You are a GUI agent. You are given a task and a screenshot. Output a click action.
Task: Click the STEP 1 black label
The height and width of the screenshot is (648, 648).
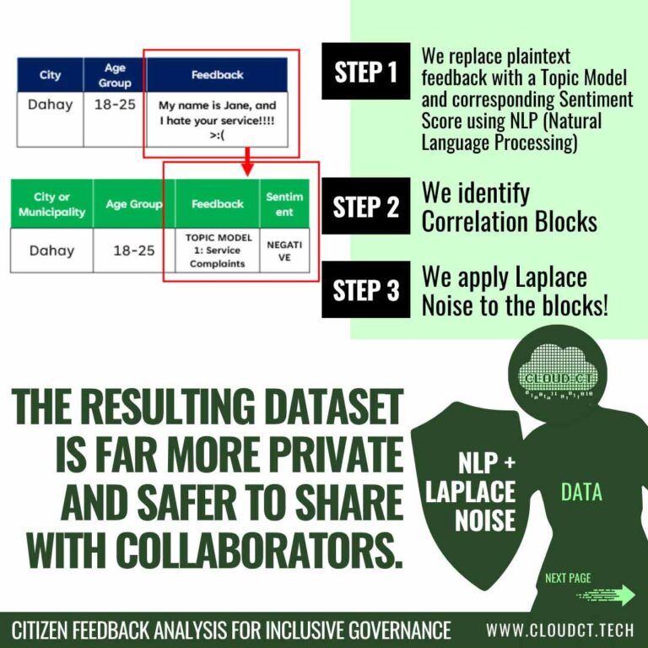point(365,71)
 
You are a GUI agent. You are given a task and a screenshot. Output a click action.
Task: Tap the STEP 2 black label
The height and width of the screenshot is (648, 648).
point(365,206)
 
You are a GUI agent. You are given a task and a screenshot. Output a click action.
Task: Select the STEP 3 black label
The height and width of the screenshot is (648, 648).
point(365,289)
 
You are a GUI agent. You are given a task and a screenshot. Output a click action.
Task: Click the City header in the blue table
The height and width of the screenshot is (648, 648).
point(50,75)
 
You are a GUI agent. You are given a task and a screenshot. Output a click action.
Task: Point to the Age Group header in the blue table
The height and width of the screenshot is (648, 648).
point(115,75)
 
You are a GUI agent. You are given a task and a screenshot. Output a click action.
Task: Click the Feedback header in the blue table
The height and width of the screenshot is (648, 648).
point(217,75)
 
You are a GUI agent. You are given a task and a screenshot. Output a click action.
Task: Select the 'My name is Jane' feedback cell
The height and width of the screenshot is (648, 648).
point(217,120)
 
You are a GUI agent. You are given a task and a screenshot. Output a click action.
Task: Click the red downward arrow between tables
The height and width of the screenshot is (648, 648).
point(247,162)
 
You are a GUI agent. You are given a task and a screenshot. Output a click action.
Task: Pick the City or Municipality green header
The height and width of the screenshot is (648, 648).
point(51,203)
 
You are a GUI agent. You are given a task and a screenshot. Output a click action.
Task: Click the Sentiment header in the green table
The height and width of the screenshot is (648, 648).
point(284,203)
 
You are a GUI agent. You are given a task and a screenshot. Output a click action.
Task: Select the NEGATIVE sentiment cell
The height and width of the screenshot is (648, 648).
point(284,251)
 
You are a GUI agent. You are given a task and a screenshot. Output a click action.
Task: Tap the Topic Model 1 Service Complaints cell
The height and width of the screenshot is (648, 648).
point(218,251)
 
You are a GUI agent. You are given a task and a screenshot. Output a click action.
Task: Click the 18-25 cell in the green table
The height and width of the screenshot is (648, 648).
point(134,251)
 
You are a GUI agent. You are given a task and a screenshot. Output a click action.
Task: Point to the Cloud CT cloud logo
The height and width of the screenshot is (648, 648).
point(557,372)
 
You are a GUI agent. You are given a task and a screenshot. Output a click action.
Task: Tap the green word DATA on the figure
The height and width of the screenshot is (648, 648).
point(581,492)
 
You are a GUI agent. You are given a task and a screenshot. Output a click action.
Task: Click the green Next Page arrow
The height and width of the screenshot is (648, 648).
point(606,596)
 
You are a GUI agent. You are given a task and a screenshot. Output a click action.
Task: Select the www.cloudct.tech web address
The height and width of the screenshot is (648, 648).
point(560,630)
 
